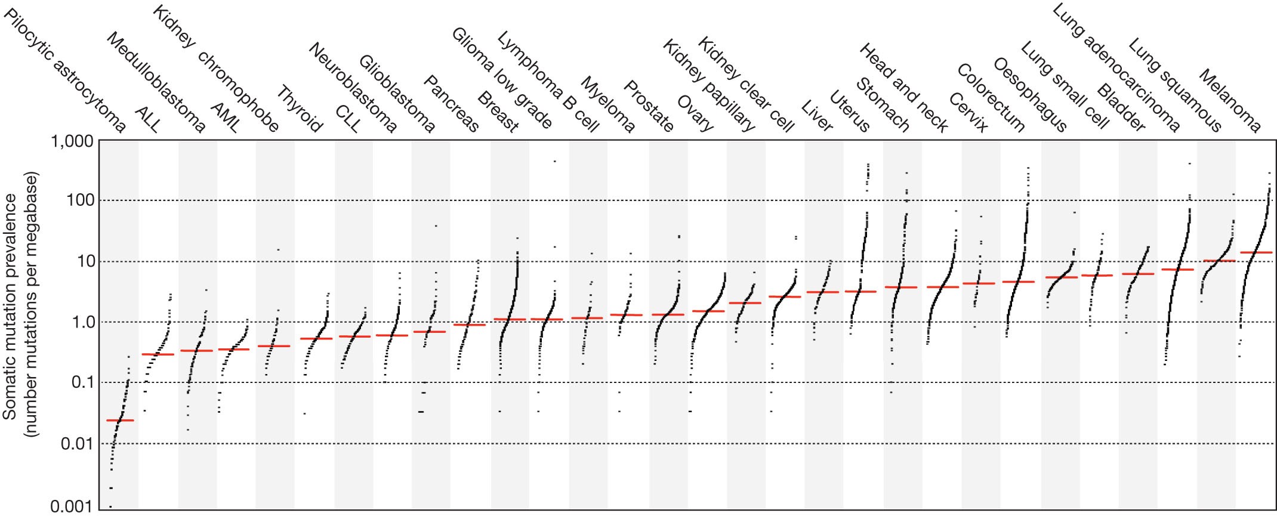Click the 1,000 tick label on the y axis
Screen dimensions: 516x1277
tap(71, 141)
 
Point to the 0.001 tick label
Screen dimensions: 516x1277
tap(71, 507)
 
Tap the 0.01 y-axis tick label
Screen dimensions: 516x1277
tap(76, 443)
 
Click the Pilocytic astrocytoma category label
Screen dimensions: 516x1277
tap(64, 70)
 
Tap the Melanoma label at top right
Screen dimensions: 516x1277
tap(1230, 101)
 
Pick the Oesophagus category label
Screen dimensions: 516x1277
tap(1030, 94)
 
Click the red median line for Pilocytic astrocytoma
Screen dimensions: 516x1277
tap(120, 421)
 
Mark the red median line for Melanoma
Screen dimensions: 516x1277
tap(1256, 252)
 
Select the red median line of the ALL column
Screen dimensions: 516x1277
tap(158, 354)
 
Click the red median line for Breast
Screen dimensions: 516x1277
tap(470, 325)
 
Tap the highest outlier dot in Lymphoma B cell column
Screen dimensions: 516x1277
tap(554, 161)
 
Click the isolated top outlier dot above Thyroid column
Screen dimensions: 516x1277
tap(278, 249)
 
